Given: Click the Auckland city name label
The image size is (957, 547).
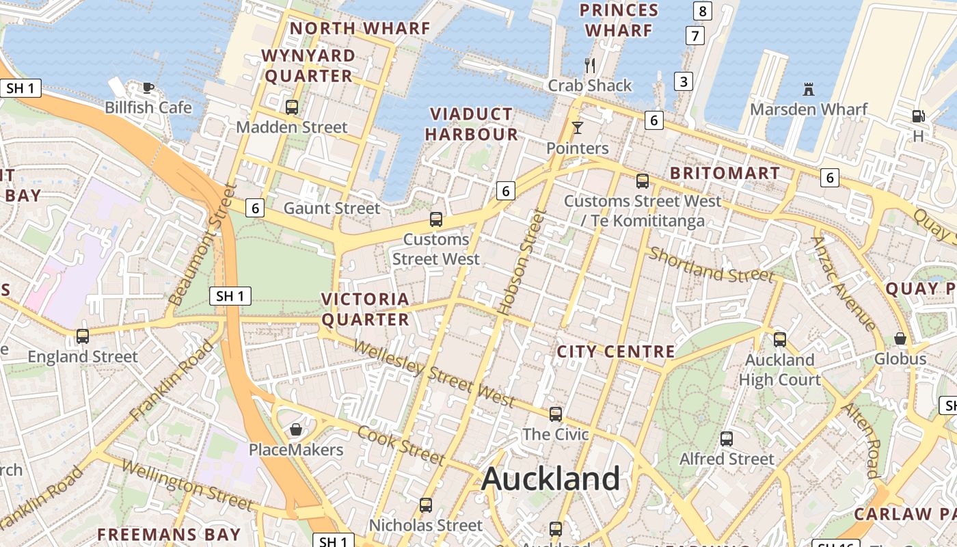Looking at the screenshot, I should [550, 479].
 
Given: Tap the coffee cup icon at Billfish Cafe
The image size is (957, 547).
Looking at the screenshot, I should [148, 87].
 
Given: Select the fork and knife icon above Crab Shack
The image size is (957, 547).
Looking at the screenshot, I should [590, 66].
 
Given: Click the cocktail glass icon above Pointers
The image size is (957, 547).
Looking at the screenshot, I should [578, 128].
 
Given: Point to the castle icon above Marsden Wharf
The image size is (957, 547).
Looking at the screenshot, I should [809, 89].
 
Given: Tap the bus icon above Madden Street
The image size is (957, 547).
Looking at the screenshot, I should [292, 107].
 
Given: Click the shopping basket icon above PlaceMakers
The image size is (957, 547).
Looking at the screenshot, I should [296, 429].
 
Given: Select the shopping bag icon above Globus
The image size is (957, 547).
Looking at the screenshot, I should [900, 338].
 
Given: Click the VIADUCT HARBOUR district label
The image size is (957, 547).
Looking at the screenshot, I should [471, 124].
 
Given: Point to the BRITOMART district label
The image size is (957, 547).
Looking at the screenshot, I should [725, 173].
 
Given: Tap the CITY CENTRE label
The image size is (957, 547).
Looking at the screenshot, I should [615, 352].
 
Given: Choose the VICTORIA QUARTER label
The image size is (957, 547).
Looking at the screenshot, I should [365, 309].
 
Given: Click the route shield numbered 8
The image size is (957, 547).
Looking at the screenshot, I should [702, 11].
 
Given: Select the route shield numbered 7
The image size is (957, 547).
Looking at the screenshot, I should [695, 36].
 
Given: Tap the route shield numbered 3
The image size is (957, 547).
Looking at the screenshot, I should [683, 81].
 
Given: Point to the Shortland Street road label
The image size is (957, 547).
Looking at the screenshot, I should [711, 265].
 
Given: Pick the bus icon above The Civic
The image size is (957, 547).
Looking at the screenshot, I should [556, 414].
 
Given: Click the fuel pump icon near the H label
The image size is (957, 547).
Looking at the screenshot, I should [918, 116].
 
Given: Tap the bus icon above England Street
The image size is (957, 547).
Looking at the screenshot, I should [83, 336].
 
